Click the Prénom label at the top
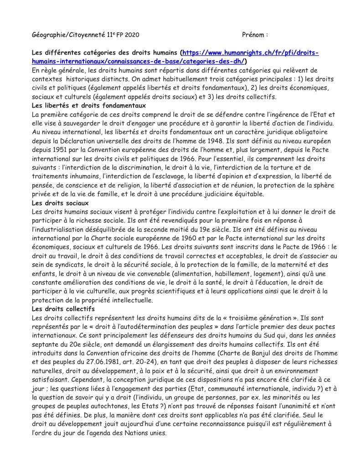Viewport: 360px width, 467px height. [x=253, y=35]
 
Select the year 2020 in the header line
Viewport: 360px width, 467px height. [x=132, y=35]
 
